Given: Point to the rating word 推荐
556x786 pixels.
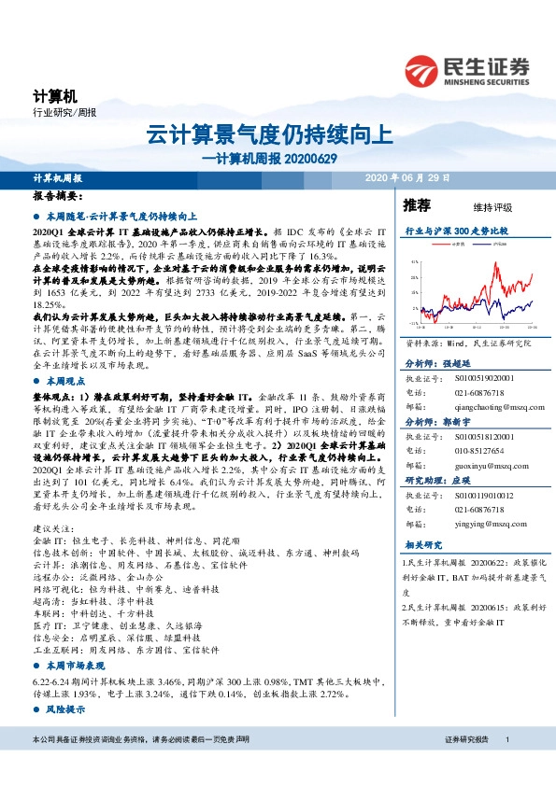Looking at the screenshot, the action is coord(417,204).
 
